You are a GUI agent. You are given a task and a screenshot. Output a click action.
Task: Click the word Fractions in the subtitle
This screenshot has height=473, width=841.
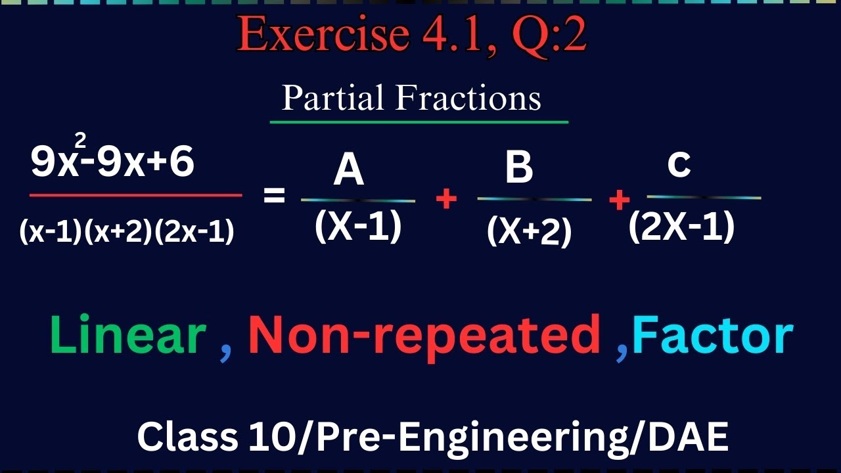pyautogui.click(x=468, y=99)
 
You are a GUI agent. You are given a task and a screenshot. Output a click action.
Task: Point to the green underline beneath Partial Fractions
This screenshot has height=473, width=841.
pyautogui.click(x=419, y=122)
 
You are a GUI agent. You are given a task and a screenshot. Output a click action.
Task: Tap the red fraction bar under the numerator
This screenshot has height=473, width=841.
pyautogui.click(x=135, y=195)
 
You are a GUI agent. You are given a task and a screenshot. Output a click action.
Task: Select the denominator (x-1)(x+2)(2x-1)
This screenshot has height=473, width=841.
pyautogui.click(x=127, y=231)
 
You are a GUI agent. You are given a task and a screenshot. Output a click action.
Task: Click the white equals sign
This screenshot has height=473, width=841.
pyautogui.click(x=275, y=195)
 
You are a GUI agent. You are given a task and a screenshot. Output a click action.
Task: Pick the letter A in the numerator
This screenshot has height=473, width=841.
pyautogui.click(x=349, y=172)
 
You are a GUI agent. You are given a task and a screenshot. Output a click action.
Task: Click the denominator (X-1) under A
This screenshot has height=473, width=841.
pyautogui.click(x=358, y=227)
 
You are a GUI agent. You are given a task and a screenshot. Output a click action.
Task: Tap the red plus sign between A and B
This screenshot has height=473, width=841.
pyautogui.click(x=447, y=198)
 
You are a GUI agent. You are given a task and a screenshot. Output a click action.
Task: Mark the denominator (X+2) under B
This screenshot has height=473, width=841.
pyautogui.click(x=530, y=231)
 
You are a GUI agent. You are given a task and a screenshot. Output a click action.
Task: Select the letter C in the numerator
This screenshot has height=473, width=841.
pyautogui.click(x=679, y=166)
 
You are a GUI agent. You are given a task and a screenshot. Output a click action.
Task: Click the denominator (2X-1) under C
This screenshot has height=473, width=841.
pyautogui.click(x=681, y=228)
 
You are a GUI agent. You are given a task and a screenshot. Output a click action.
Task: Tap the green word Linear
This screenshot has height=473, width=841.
pyautogui.click(x=128, y=335)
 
